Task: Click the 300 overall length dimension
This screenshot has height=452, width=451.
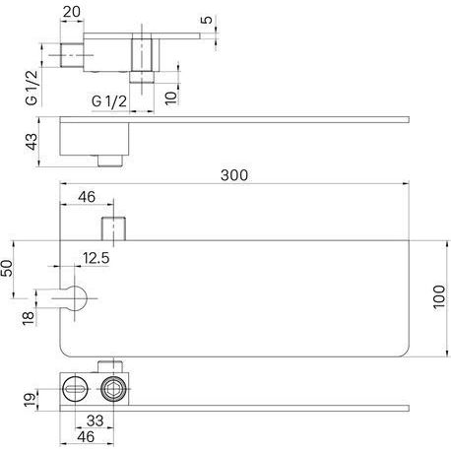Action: point(234,175)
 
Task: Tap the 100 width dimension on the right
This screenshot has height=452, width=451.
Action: point(439,296)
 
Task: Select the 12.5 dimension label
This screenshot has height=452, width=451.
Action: point(96,258)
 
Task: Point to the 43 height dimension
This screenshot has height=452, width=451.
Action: point(32,142)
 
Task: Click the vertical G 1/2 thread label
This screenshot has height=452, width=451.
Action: point(32,88)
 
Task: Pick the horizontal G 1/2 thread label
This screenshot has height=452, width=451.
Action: point(109,101)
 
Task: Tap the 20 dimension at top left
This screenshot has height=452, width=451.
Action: point(71,12)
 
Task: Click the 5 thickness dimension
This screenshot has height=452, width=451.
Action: point(207,20)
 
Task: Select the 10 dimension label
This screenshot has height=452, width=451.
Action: point(171,97)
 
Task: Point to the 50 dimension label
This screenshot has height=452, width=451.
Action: point(7,268)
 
